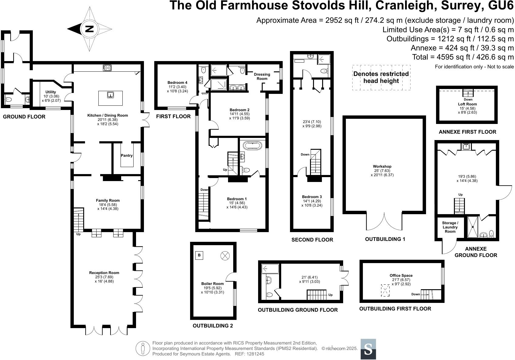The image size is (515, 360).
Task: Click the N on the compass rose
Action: pyautogui.click(x=90, y=29)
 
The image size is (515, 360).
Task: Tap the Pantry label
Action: pyautogui.click(x=127, y=156)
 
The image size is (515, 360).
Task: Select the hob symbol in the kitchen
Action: pyautogui.click(x=107, y=68)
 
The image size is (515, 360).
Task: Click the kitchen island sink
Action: pyautogui.click(x=111, y=95)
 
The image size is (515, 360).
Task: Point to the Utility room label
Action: pyautogui.click(x=51, y=92)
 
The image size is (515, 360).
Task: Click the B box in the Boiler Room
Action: pyautogui.click(x=199, y=255)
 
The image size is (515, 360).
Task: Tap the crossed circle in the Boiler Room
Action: pyautogui.click(x=225, y=255)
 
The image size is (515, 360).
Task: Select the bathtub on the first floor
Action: pyautogui.click(x=252, y=146)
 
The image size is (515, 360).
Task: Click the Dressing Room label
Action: pyautogui.click(x=262, y=76)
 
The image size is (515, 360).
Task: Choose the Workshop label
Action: pyautogui.click(x=382, y=166)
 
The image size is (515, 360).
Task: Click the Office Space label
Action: pyautogui.click(x=401, y=275)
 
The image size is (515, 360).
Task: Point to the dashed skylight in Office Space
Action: pyautogui.click(x=385, y=290)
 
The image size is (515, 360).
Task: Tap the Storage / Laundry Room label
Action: pyautogui.click(x=450, y=227)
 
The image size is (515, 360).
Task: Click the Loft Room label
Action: pyautogui.click(x=467, y=104)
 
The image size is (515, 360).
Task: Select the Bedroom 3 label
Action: pyautogui.click(x=312, y=197)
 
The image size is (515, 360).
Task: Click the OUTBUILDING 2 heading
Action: pyautogui.click(x=213, y=326)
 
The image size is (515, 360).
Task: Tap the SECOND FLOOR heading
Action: pyautogui.click(x=312, y=240)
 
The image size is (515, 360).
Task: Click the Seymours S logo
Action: pyautogui.click(x=368, y=349)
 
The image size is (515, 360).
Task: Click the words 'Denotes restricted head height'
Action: pyautogui.click(x=381, y=77)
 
